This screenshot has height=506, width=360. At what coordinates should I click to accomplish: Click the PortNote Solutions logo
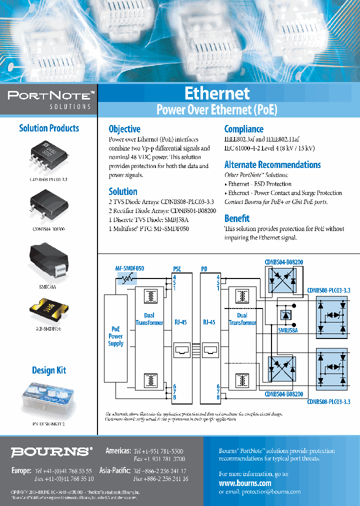tap(48, 99)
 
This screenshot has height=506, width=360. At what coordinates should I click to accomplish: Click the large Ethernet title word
tap(216, 93)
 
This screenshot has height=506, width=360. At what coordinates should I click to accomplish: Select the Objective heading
tap(124, 129)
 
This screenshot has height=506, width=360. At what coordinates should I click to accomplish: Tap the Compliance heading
tap(243, 129)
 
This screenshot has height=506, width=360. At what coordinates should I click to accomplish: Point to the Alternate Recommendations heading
tap(272, 165)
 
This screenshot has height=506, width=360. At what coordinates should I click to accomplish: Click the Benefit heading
tap(236, 218)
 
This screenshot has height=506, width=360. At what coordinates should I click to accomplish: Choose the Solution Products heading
tap(49, 128)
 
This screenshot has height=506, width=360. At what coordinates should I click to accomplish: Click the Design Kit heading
tap(49, 370)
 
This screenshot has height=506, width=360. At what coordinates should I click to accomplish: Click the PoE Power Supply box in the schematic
tap(115, 336)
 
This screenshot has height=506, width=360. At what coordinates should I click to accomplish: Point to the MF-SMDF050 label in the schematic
tap(129, 268)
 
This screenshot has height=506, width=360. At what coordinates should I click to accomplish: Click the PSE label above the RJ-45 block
tap(177, 269)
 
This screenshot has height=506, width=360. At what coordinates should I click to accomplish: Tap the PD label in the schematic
tap(204, 269)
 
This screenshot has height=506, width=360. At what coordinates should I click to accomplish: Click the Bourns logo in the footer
tap(51, 452)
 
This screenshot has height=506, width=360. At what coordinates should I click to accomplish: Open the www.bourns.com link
tap(245, 483)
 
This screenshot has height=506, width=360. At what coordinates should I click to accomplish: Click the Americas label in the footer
tap(118, 450)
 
